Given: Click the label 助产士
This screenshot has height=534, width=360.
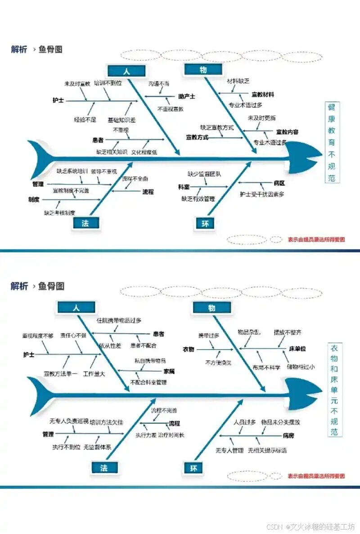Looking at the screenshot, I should pyautogui.click(x=186, y=96).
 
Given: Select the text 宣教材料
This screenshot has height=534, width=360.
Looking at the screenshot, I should pyautogui.click(x=263, y=94).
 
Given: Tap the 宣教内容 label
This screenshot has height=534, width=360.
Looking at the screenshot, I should pyautogui.click(x=287, y=132).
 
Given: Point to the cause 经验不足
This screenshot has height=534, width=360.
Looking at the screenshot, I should pyautogui.click(x=85, y=120).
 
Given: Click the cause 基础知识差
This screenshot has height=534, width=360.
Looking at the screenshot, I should pyautogui.click(x=121, y=120).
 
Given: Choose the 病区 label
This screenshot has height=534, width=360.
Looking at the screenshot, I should pyautogui.click(x=280, y=183).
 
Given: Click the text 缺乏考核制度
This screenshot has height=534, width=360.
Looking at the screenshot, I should pyautogui.click(x=59, y=212).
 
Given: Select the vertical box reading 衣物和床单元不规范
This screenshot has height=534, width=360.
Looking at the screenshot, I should pyautogui.click(x=334, y=390).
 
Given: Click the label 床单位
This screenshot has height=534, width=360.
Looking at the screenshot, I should pyautogui.click(x=298, y=349).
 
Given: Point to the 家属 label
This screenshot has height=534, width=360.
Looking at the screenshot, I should pyautogui.click(x=169, y=372).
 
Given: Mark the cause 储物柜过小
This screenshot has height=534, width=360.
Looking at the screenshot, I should pyautogui.click(x=301, y=367).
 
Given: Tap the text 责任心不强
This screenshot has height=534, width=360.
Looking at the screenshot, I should pyautogui.click(x=73, y=336).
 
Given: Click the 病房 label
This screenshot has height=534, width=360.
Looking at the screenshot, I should pyautogui.click(x=288, y=435).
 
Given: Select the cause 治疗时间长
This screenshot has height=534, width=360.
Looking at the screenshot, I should pyautogui.click(x=171, y=435).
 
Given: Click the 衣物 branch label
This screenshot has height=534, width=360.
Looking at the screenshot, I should pyautogui.click(x=188, y=349).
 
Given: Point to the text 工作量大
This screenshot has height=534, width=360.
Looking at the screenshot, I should pyautogui.click(x=94, y=373).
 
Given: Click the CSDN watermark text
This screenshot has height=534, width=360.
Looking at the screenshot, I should pyautogui.click(x=310, y=527).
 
